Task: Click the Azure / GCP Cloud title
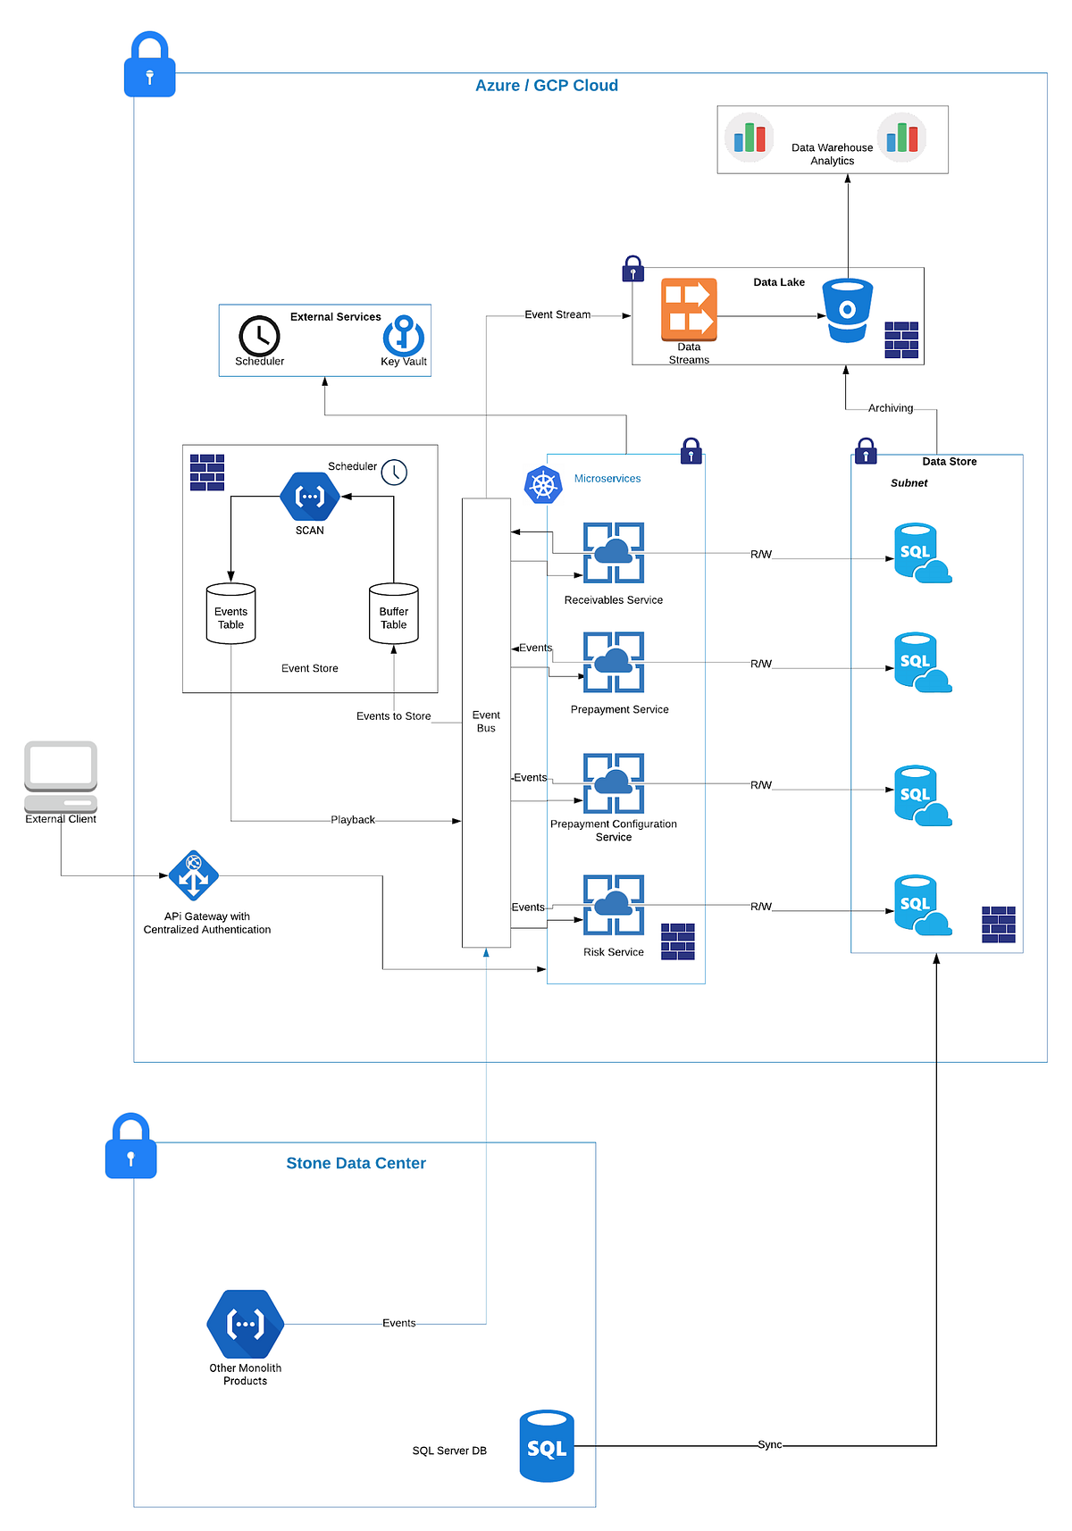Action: coord(546,86)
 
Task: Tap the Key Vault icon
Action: coord(403,336)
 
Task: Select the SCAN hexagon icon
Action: coord(309,497)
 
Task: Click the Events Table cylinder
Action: coord(230,614)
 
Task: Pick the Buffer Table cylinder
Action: coord(393,614)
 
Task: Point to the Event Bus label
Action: coord(486,722)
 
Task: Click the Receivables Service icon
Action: coord(614,553)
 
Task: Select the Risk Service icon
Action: coord(614,905)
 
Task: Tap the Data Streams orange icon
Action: coord(689,310)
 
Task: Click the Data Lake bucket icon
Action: coord(847,310)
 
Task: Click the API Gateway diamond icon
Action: coord(194,875)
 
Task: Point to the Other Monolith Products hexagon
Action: coord(245,1324)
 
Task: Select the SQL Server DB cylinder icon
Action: coord(547,1446)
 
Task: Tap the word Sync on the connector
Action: coord(769,1444)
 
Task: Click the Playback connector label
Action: coord(353,820)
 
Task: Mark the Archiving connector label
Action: coord(891,408)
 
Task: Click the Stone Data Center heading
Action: coord(356,1163)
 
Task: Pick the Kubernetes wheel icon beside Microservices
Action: coord(543,485)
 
